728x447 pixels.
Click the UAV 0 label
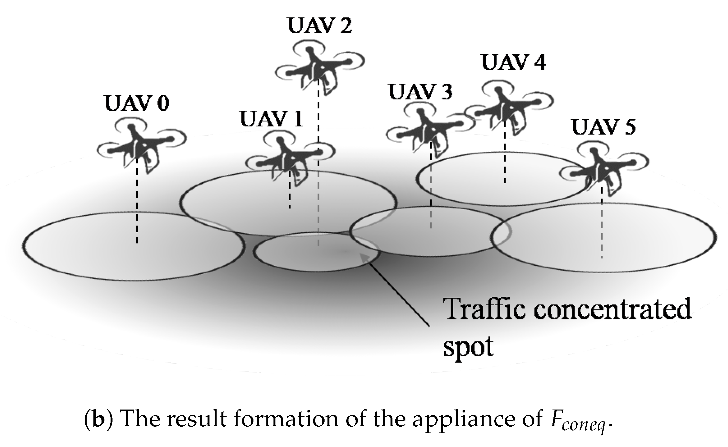pyautogui.click(x=137, y=104)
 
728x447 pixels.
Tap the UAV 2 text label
pyautogui.click(x=319, y=26)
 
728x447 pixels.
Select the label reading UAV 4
pyautogui.click(x=514, y=62)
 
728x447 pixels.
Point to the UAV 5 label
pyautogui.click(x=604, y=127)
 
